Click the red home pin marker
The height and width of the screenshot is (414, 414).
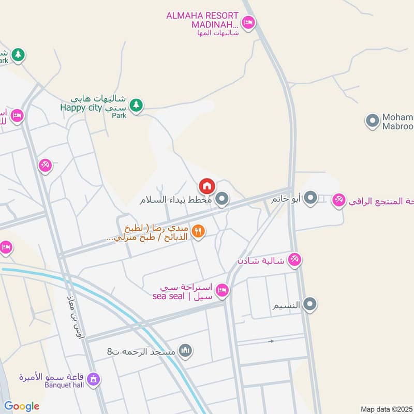pyautogui.click(x=206, y=185)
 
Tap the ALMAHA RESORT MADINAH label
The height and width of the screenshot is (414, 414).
pyautogui.click(x=202, y=21)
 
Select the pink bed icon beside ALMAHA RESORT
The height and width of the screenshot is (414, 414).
pyautogui.click(x=248, y=23)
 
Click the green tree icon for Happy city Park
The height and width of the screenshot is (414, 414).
pyautogui.click(x=136, y=105)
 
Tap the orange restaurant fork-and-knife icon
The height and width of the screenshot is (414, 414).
pyautogui.click(x=198, y=231)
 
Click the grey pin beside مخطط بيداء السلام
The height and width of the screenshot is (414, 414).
pyautogui.click(x=222, y=199)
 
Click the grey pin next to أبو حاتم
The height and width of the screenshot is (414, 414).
pyautogui.click(x=310, y=198)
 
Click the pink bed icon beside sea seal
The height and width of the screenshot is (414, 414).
pyautogui.click(x=222, y=290)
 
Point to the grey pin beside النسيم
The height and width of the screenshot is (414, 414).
pyautogui.click(x=310, y=304)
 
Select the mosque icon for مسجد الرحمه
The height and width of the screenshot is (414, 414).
pyautogui.click(x=186, y=351)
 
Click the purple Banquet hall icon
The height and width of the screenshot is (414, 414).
pyautogui.click(x=94, y=379)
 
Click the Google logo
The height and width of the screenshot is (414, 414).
pyautogui.click(x=22, y=406)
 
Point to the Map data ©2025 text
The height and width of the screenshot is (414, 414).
pyautogui.click(x=386, y=409)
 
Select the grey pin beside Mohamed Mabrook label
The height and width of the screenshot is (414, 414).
pyautogui.click(x=372, y=121)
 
